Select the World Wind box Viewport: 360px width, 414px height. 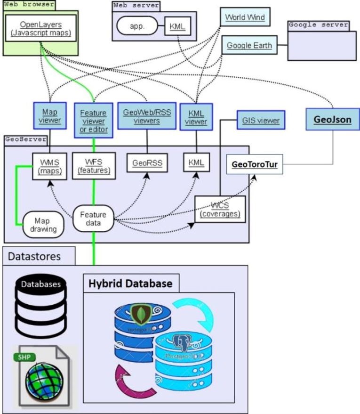point(245,17)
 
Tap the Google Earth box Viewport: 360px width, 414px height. point(249,46)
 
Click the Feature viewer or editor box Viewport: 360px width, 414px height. point(94,121)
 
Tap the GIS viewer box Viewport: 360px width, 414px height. point(261,120)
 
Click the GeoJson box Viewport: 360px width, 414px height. point(333,120)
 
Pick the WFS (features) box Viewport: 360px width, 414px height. point(94,166)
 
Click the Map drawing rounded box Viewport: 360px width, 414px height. point(42,225)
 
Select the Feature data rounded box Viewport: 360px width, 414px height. point(93,218)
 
